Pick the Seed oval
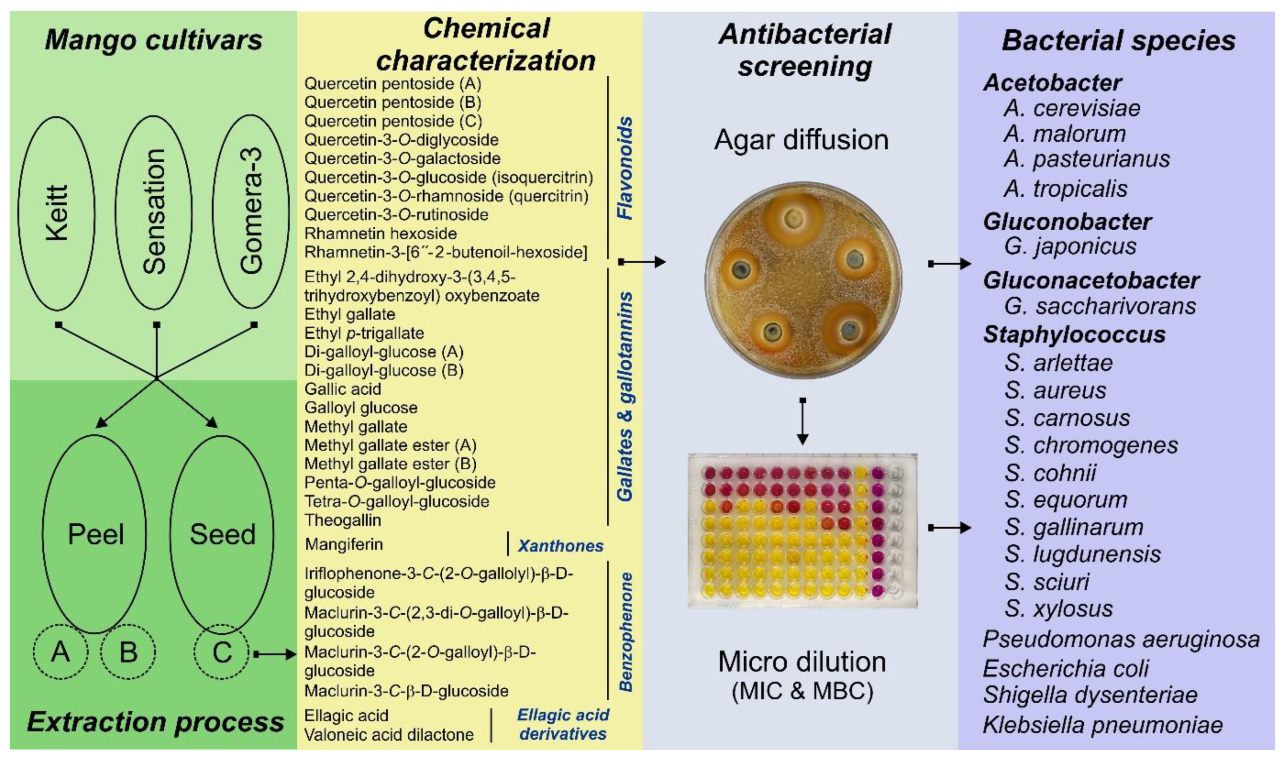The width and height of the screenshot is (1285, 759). tap(222, 535)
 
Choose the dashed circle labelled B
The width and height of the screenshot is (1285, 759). tap(128, 652)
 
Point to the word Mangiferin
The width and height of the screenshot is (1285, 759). tap(344, 544)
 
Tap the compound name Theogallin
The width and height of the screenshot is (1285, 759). tap(343, 520)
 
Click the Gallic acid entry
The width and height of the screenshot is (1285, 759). tap(343, 389)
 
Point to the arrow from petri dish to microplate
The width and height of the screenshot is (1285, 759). tap(803, 422)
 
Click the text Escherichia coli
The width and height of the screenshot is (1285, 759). tap(1066, 668)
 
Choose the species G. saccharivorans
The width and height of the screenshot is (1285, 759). tap(1100, 306)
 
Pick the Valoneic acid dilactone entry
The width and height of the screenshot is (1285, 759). tap(388, 735)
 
